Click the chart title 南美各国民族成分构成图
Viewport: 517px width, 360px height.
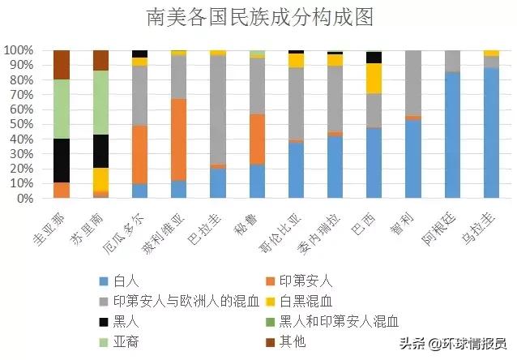point(258,17)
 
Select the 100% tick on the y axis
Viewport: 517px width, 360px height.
point(17,50)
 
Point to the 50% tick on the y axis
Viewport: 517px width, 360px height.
point(19,124)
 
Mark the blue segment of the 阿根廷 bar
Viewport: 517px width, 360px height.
point(451,135)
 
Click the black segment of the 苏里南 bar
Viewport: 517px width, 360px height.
point(100,151)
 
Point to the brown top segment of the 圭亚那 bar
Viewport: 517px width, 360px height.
point(62,65)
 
